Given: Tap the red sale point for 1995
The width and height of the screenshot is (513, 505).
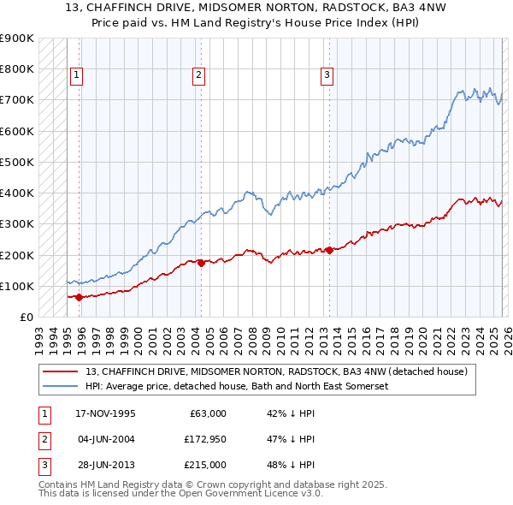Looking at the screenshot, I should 80,298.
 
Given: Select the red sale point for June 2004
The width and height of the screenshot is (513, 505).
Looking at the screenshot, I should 201,263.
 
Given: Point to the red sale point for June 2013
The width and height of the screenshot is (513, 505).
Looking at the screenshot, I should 329,250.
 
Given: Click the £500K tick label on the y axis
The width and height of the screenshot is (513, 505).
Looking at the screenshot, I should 17,162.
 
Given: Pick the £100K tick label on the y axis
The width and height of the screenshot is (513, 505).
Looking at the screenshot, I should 17,286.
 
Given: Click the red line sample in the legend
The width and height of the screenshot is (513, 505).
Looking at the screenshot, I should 61,371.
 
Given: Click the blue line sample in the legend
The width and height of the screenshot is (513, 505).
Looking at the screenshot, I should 61,387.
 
